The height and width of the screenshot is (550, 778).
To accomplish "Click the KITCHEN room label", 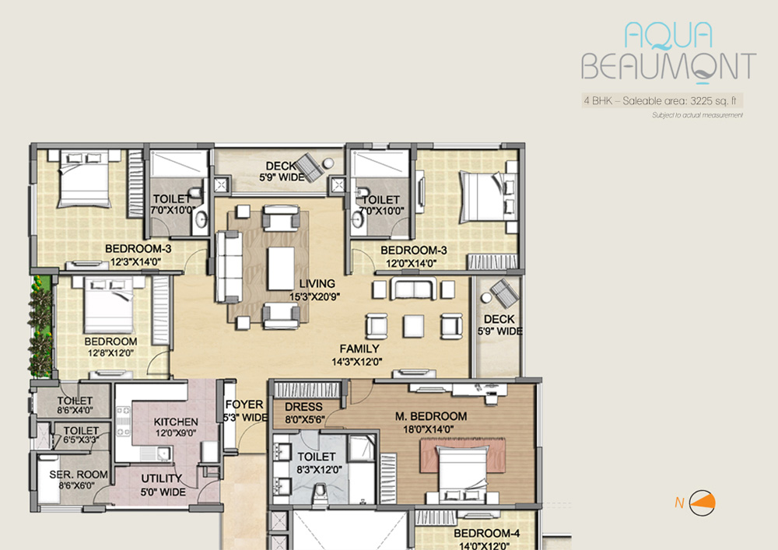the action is click(x=176, y=422).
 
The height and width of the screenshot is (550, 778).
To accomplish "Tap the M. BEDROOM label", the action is click(x=431, y=416).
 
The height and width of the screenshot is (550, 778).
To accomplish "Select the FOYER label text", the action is click(x=244, y=405).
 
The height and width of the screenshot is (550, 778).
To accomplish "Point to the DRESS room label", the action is click(x=303, y=407).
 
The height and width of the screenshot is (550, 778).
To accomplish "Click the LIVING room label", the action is click(x=317, y=284).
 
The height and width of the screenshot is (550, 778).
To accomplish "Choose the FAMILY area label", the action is click(x=359, y=349).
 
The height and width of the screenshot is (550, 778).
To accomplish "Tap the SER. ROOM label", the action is click(x=79, y=475).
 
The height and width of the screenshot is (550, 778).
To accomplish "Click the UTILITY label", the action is click(x=162, y=478).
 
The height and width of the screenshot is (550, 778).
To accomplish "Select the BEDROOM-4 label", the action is click(x=487, y=533).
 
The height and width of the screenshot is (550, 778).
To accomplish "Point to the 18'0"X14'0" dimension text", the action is click(x=428, y=429).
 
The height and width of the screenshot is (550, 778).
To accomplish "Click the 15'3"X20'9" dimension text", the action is click(x=314, y=296).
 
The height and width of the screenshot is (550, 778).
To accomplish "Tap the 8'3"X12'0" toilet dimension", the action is click(x=317, y=469).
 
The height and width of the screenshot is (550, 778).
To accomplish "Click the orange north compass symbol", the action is click(x=702, y=503).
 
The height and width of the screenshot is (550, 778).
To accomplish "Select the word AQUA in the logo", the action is click(x=668, y=36).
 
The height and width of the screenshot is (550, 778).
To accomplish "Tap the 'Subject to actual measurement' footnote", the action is click(x=697, y=115).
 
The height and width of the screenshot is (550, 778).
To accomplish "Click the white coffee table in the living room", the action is click(x=281, y=268).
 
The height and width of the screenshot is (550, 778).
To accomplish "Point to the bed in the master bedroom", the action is click(x=461, y=474).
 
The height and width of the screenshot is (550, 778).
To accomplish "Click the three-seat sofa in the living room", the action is click(x=229, y=267).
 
